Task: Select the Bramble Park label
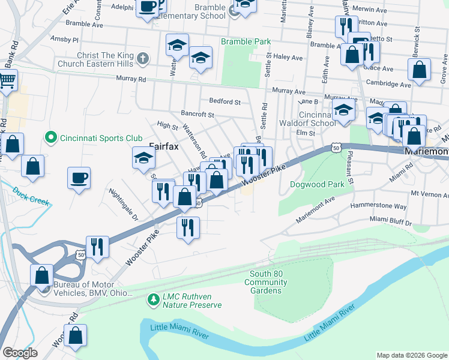[x=246, y=42]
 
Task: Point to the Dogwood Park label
[x=317, y=184]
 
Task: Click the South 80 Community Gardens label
[x=265, y=282]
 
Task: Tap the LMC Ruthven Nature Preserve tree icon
[x=154, y=298]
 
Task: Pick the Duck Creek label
[x=31, y=195]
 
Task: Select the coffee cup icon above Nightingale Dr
[x=79, y=178]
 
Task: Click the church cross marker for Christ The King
[x=142, y=59]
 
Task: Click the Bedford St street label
[x=224, y=101]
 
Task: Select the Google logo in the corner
[x=20, y=353]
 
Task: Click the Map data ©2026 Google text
[x=411, y=355]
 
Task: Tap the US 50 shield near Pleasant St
[x=336, y=148]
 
